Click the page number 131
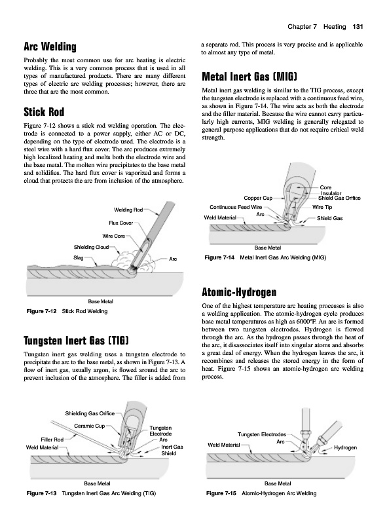point(358,27)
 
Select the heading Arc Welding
point(50,47)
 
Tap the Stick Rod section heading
point(44,112)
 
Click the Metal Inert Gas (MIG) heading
point(249,77)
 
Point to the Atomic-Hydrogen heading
point(239,292)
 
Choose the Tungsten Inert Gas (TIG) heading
point(76,341)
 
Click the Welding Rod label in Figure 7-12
point(128,210)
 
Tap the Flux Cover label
point(121,223)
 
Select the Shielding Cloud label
point(91,248)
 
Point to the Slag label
point(78,257)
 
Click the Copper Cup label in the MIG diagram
point(258,198)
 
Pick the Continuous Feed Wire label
point(236,207)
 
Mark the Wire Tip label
point(322,207)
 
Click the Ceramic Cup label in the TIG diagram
point(89,426)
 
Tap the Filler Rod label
point(52,440)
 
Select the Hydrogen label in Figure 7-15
point(345,447)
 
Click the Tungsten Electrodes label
point(262,434)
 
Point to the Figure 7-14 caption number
point(219,257)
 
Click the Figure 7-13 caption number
point(41,493)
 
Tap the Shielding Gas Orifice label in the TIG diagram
point(90,414)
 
